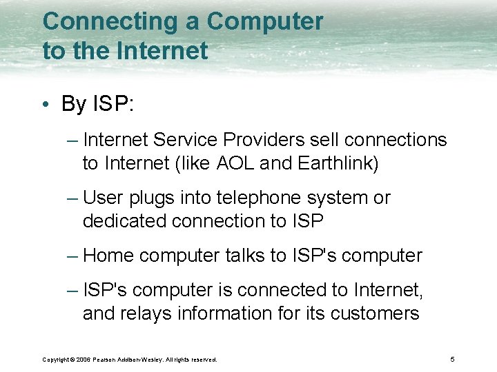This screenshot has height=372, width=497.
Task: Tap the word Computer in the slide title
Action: point(265,22)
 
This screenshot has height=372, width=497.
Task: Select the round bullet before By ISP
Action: point(45,105)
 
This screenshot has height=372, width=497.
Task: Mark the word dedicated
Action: point(125,221)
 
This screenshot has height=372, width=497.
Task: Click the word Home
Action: point(108,256)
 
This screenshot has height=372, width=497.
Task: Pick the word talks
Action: point(245,256)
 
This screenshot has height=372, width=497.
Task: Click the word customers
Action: point(375,314)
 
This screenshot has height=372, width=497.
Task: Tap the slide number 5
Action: point(452,360)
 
